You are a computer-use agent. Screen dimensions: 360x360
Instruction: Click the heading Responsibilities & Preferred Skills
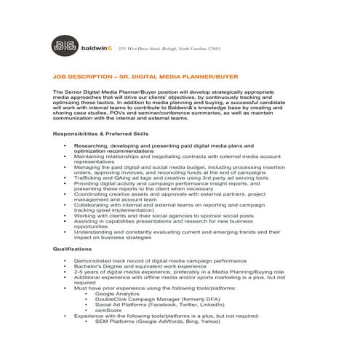tap(101, 135)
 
